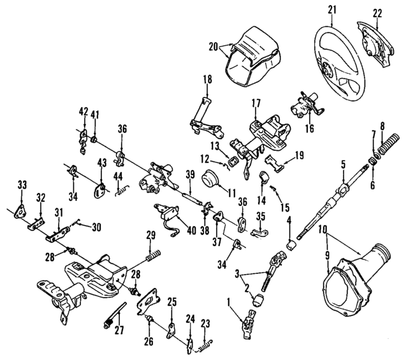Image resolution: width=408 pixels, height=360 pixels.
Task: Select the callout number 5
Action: click(x=343, y=164)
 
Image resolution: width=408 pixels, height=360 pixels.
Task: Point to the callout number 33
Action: click(x=22, y=185)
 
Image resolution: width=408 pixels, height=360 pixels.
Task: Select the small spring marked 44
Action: click(x=122, y=189)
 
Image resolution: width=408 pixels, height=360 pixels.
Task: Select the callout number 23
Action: click(x=205, y=322)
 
